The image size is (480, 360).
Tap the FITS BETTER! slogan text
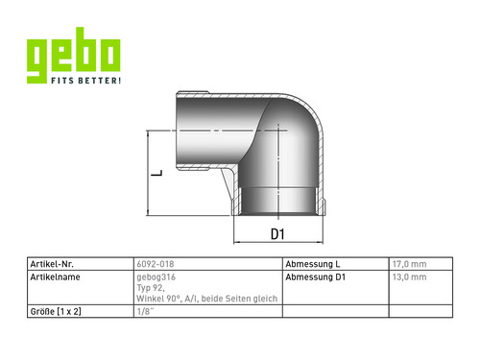(x=85, y=81)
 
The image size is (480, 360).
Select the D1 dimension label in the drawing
(x=277, y=234)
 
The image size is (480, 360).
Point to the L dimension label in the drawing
(x=156, y=173)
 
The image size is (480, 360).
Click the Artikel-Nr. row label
(x=52, y=264)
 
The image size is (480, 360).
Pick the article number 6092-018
(x=156, y=264)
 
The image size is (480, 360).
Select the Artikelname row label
(x=55, y=277)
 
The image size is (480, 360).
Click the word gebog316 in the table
(x=156, y=277)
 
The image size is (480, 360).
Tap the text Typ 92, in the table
(x=151, y=288)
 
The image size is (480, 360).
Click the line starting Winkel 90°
(x=207, y=299)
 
